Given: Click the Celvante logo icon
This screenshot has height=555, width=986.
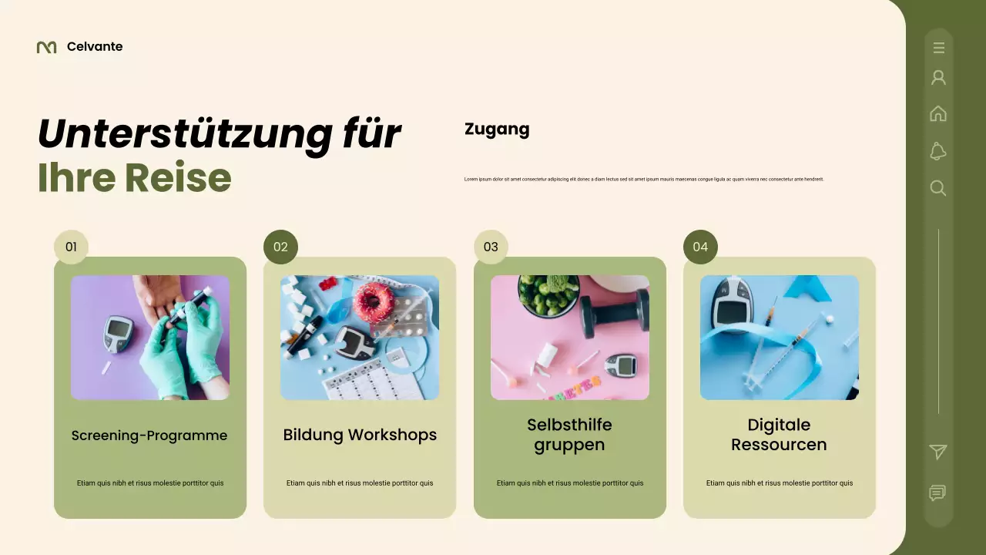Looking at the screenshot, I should coord(46,47).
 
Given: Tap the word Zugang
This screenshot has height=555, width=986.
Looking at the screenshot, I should coord(497,129).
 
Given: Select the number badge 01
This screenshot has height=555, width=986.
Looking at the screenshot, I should coord(71,247).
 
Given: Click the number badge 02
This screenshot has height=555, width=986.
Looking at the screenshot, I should coord(280,247).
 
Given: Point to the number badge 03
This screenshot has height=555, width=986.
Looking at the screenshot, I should coord(491,247).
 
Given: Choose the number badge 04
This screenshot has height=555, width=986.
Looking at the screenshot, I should coord(700,247).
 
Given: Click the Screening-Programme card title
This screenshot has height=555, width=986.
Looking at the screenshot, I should coord(149,436).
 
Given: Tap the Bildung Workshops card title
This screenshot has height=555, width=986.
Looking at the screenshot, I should coord(360,435).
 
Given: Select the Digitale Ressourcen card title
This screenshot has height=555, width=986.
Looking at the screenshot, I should coord(779,435).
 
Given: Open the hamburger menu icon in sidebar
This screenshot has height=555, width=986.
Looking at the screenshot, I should coord(938,48).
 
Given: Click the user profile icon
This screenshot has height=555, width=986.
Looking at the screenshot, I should coord(938,78).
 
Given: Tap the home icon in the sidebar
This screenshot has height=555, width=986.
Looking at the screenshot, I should coord(938,113).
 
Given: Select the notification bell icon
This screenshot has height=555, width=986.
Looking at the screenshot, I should coord(938,151).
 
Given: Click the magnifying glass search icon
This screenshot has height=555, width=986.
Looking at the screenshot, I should coord(938,188).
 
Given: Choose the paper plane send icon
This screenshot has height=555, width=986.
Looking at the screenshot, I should coord(938,452).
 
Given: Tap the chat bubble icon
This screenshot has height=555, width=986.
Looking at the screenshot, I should coord(937,493).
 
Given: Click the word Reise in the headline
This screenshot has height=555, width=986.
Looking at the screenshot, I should coord(178,177).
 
